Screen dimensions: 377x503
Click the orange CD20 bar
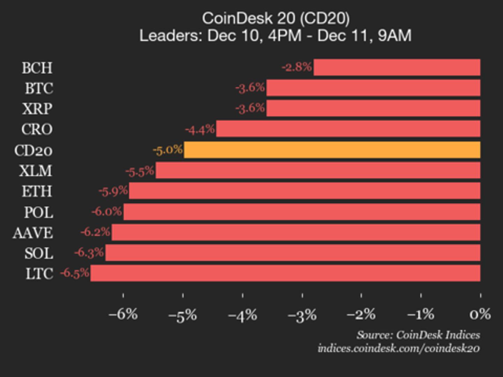point(332,150)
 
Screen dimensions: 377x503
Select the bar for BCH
point(397,67)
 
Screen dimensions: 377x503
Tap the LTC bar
point(285,273)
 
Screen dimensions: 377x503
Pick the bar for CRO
point(348,129)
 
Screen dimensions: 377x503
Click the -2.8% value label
point(297,67)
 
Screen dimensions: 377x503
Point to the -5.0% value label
point(168,150)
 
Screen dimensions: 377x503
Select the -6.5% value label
point(75,273)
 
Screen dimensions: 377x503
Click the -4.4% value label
point(200,130)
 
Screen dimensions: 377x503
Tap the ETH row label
point(37,191)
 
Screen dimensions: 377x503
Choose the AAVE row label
point(33,233)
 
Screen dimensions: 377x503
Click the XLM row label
point(36,171)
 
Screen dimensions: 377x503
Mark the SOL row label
point(39,253)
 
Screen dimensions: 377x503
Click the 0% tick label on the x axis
point(480,315)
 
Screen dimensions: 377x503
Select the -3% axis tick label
point(302,315)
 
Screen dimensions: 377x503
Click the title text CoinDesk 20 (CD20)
point(276,19)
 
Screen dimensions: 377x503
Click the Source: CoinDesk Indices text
point(418,335)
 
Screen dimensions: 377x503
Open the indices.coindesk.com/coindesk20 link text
point(399,348)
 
